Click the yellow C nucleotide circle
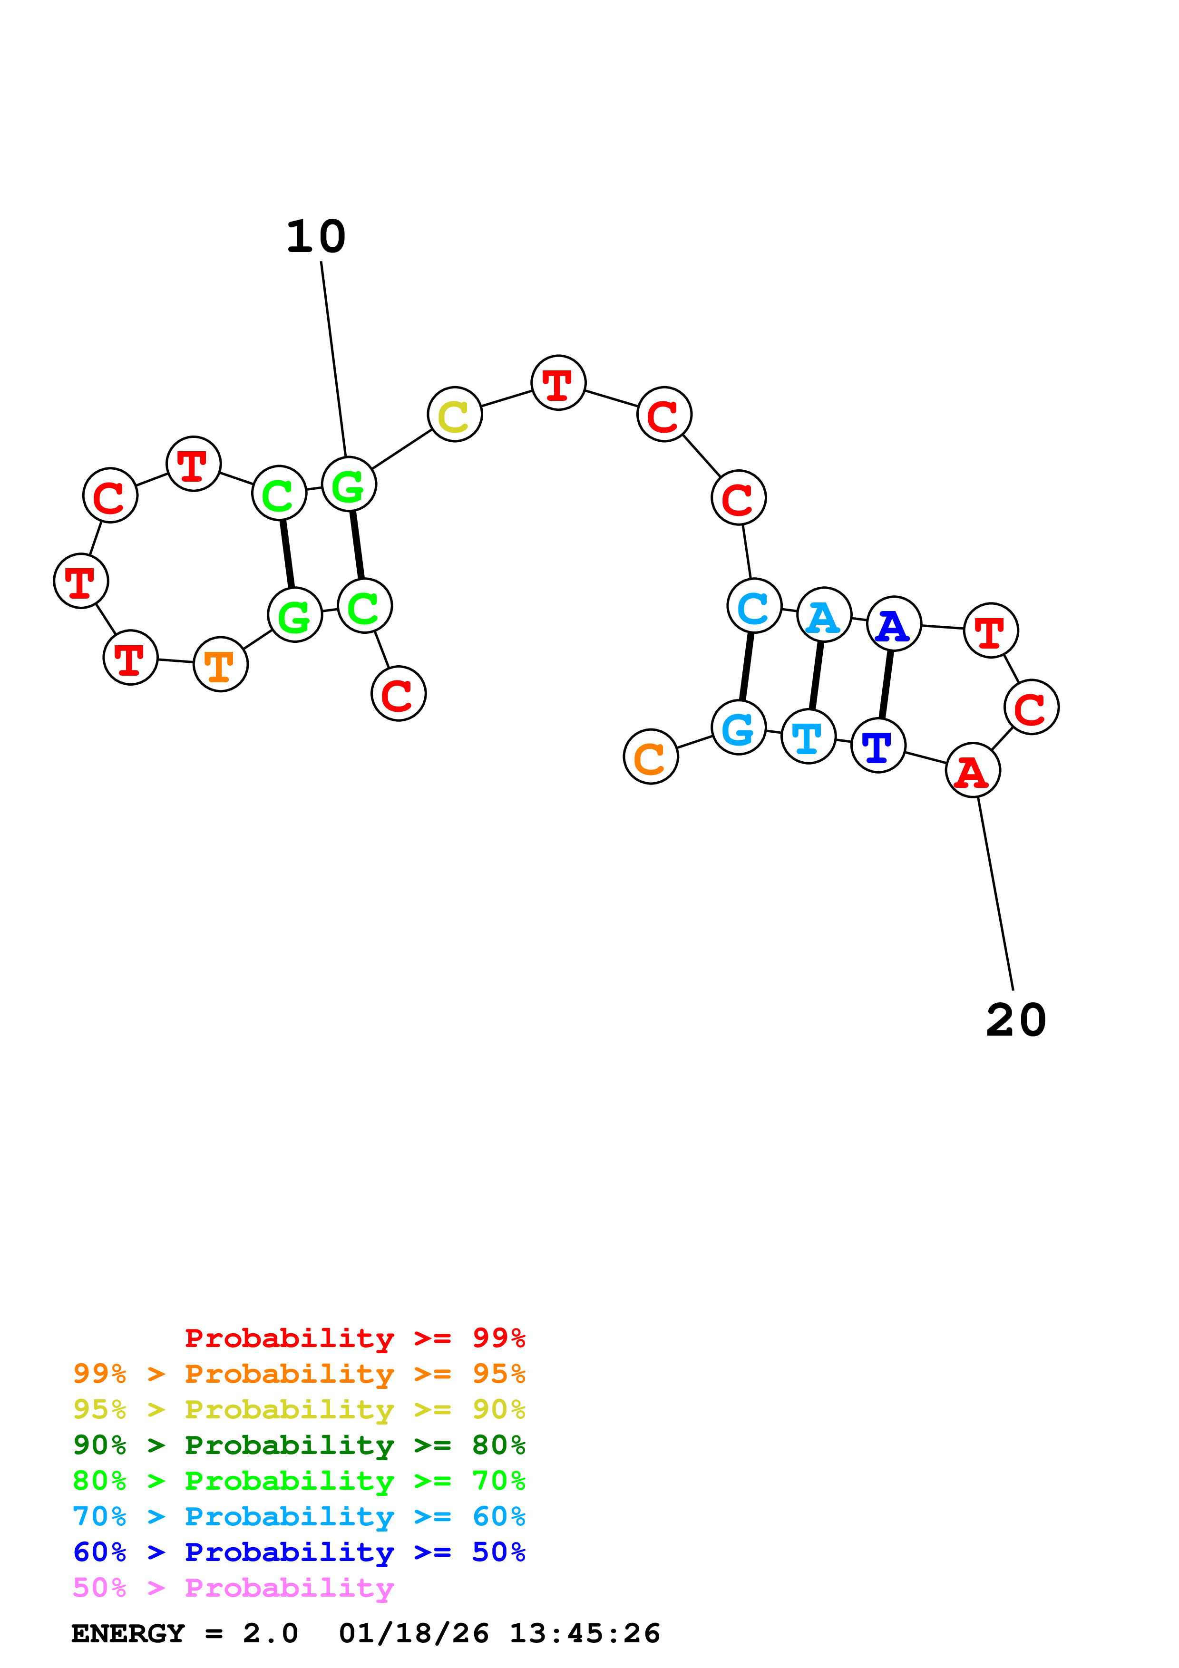pyautogui.click(x=455, y=415)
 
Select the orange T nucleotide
pyautogui.click(x=221, y=664)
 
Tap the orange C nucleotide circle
pyautogui.click(x=651, y=756)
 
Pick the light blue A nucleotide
pyautogui.click(x=824, y=615)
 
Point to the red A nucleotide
pyautogui.click(x=973, y=770)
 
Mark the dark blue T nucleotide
pyautogui.click(x=878, y=746)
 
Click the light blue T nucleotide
pyautogui.click(x=809, y=737)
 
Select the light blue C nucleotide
pyautogui.click(x=755, y=605)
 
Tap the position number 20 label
pyautogui.click(x=1015, y=1020)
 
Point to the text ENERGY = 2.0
pyautogui.click(x=185, y=1633)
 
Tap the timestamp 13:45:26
pyautogui.click(x=585, y=1633)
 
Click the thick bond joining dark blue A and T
pyautogui.click(x=886, y=684)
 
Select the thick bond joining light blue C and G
pyautogui.click(x=747, y=666)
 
